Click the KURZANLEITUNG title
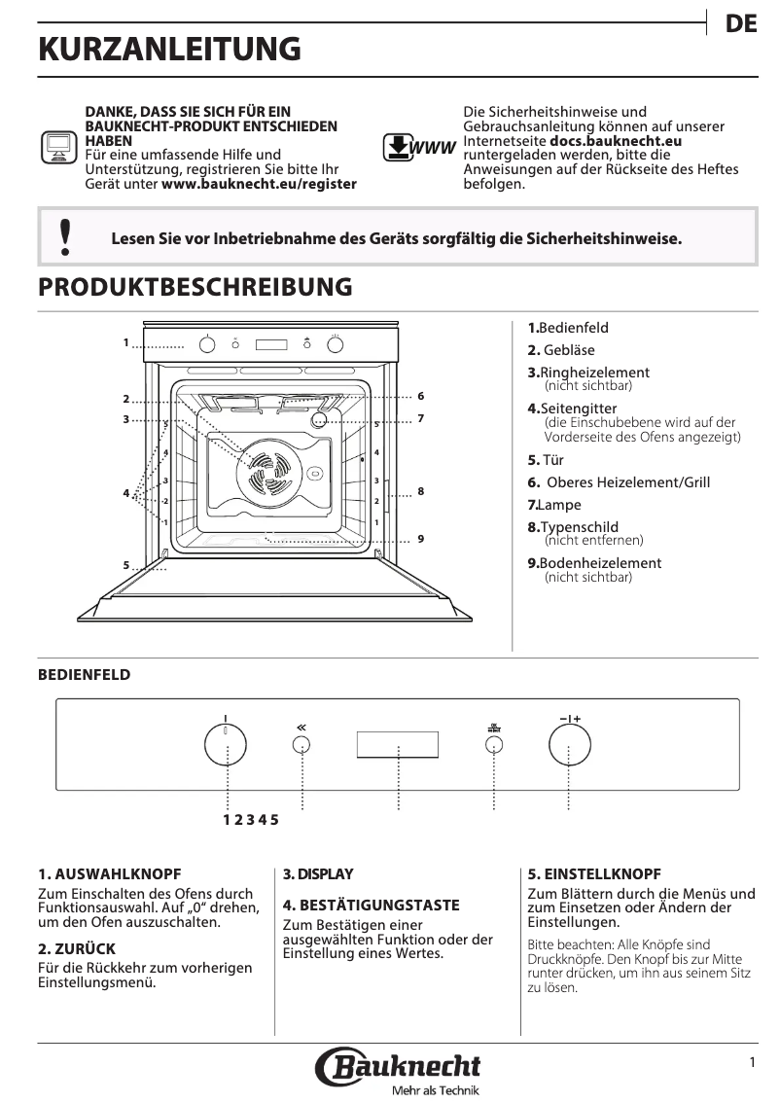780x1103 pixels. coord(169,50)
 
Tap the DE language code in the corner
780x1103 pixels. coord(741,24)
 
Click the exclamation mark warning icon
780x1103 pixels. coord(65,237)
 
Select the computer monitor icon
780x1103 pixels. coord(58,147)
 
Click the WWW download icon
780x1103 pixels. coord(419,147)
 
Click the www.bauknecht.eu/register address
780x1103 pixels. coord(259,183)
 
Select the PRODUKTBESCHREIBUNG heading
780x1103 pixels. coord(195,287)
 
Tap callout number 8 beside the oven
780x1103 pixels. coord(421,492)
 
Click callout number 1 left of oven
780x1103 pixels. coord(126,342)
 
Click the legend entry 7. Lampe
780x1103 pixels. coord(554,505)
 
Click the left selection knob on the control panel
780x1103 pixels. coord(226,747)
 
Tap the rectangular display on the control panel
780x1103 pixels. coord(397,745)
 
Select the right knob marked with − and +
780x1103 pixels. coord(569,747)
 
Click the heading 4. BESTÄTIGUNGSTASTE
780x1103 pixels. coord(371,906)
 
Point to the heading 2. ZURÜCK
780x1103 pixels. coord(77,948)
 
